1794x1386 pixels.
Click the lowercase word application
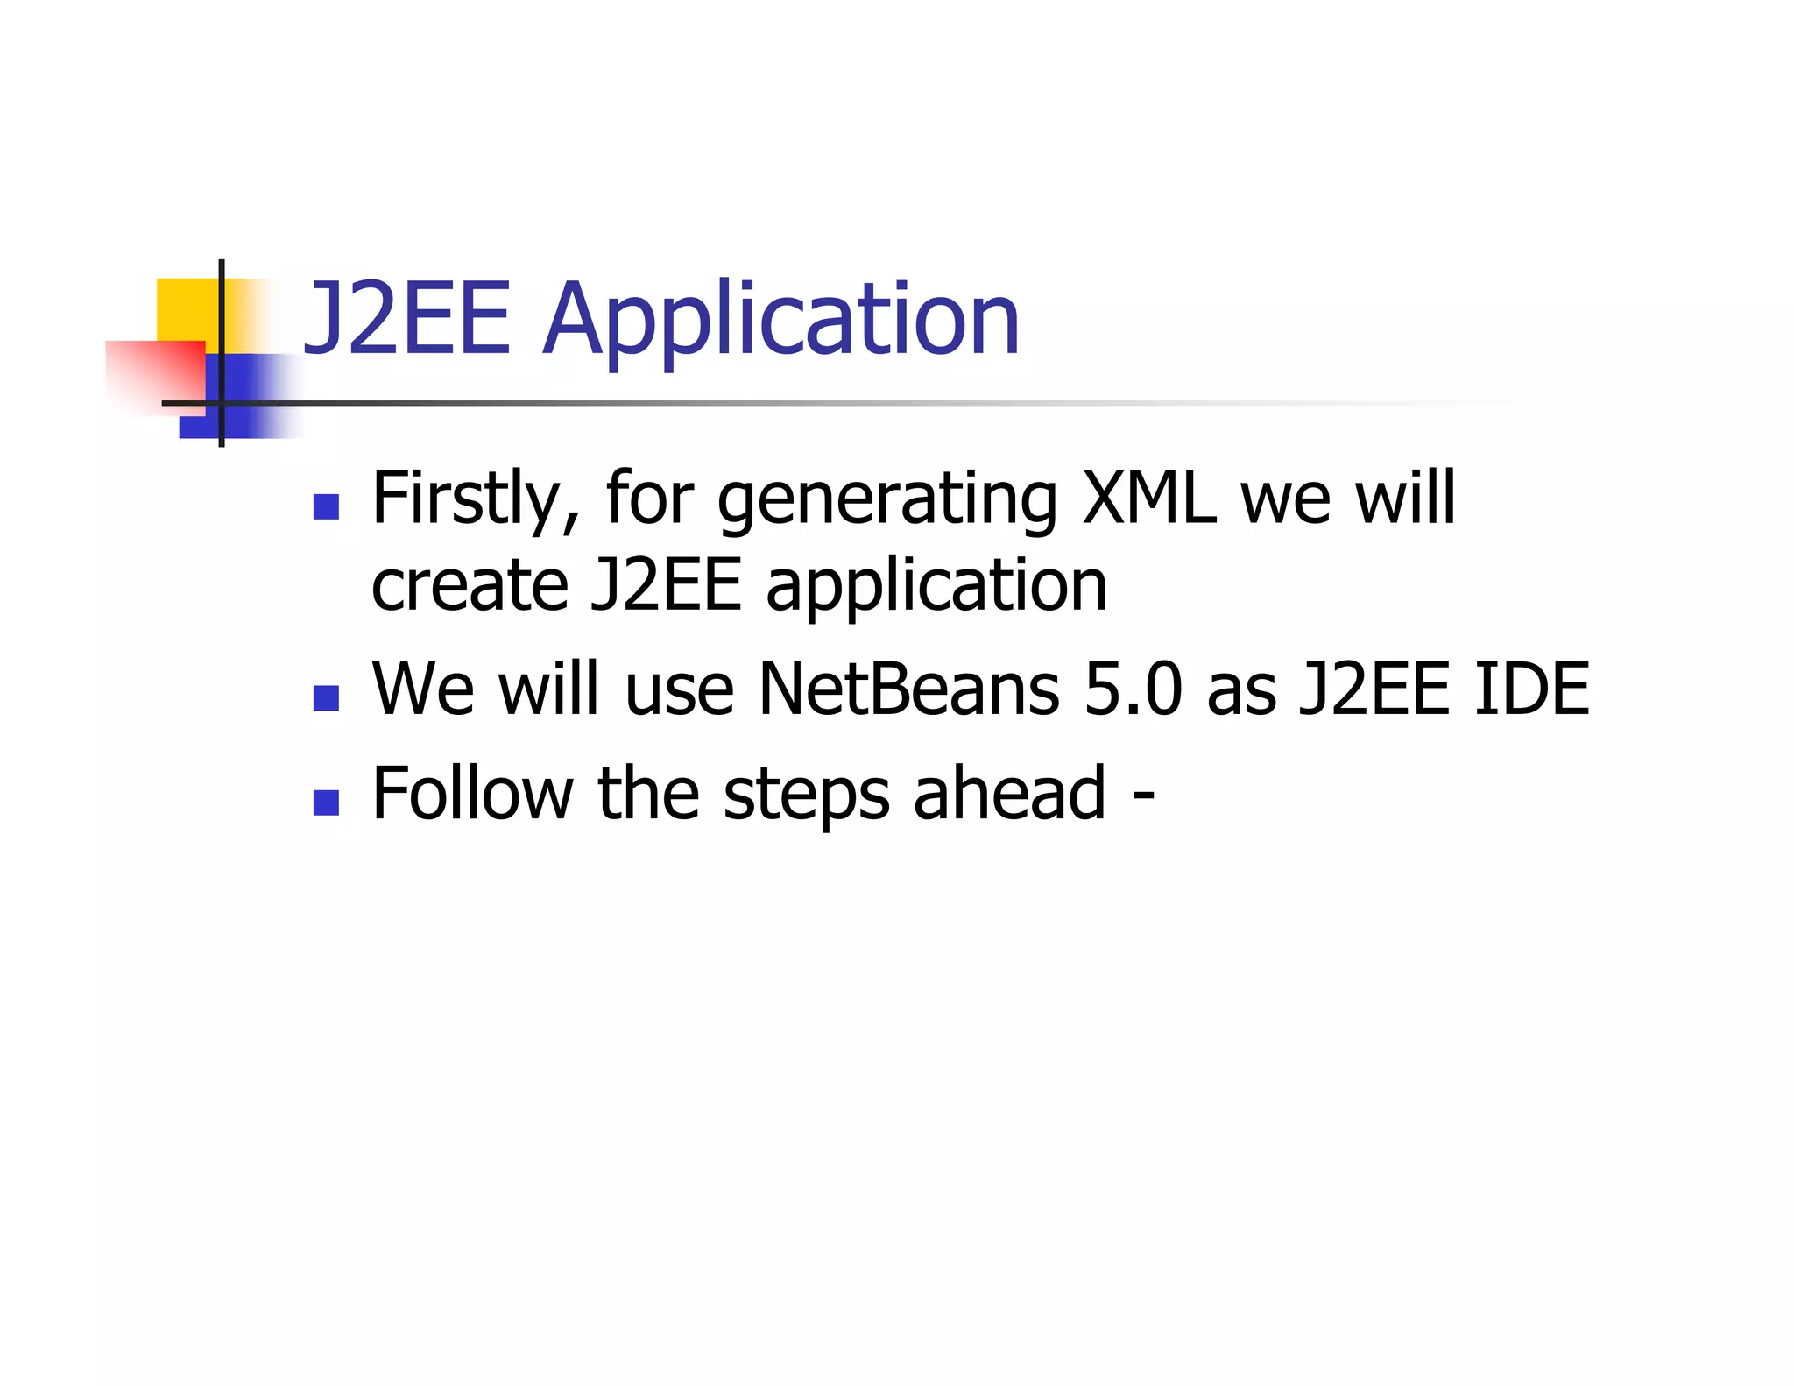pos(936,587)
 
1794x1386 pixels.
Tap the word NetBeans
pos(908,689)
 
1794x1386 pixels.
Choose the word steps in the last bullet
pos(806,796)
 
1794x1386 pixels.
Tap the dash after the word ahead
pos(1142,796)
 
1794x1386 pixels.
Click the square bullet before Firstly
pos(326,507)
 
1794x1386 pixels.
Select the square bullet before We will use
pos(326,698)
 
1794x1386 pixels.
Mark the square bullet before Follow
pos(326,803)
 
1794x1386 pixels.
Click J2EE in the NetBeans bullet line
pos(1374,689)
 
